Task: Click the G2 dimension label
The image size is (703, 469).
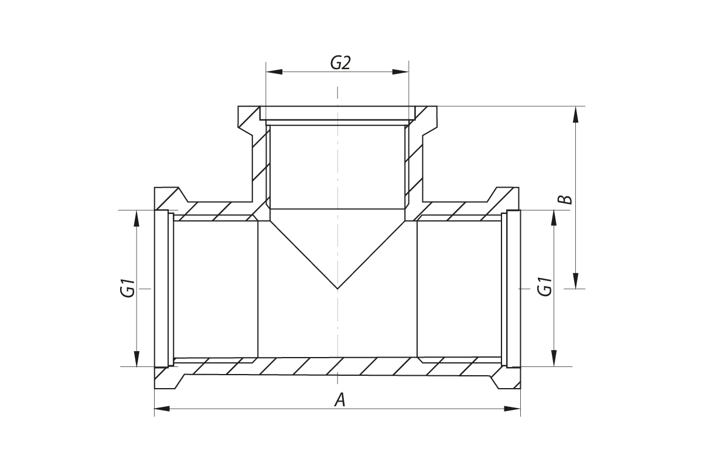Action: click(340, 63)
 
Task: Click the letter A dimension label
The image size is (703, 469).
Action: click(340, 400)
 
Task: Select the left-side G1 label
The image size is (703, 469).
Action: click(128, 288)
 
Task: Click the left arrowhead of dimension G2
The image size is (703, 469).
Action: click(274, 72)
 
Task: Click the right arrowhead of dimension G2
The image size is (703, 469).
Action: click(401, 72)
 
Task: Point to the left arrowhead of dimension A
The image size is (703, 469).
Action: click(162, 409)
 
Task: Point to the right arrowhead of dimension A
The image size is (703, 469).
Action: click(513, 409)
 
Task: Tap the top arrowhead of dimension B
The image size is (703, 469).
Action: click(575, 114)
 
